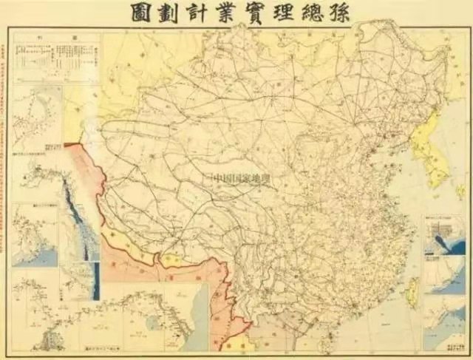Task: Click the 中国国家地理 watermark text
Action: pos(241,178)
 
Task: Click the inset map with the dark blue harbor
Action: pos(443,237)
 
